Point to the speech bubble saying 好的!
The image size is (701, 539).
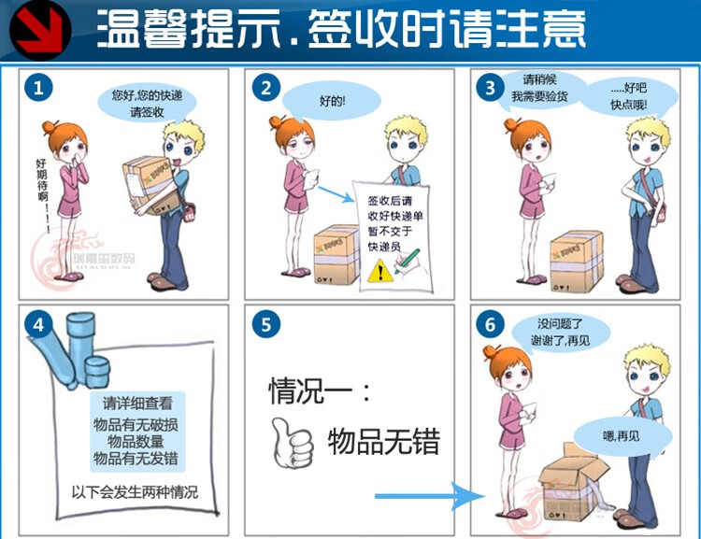click(332, 99)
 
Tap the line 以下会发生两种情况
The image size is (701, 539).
click(135, 491)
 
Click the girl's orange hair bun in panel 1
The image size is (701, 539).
click(50, 128)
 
